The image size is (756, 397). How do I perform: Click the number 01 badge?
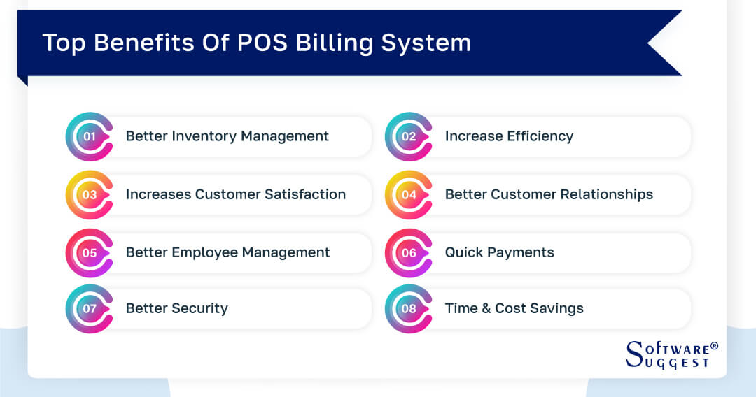click(89, 136)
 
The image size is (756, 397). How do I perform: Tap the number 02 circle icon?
click(408, 136)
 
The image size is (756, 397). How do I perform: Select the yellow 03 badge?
click(89, 194)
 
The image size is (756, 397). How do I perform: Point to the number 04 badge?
click(408, 194)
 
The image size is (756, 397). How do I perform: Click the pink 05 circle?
click(89, 252)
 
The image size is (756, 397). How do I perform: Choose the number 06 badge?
click(408, 252)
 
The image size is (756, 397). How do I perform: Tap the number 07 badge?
click(89, 308)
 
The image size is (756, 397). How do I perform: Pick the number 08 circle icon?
click(408, 308)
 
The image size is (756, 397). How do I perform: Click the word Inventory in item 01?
click(200, 136)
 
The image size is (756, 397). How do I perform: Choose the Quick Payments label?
click(499, 252)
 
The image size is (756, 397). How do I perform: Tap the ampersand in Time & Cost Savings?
click(484, 308)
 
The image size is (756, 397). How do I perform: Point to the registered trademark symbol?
click(714, 346)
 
